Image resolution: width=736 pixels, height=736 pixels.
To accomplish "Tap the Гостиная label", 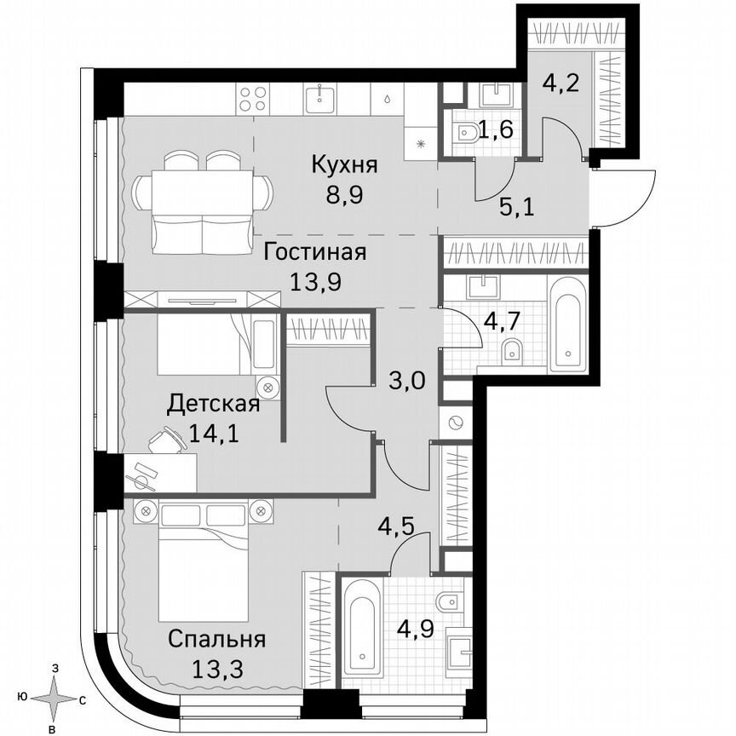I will [314, 252].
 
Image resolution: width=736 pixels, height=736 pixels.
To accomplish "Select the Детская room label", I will [213, 403].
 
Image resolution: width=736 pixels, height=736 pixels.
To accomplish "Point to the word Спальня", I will [216, 639].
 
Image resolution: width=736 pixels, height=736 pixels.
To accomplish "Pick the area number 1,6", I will [494, 130].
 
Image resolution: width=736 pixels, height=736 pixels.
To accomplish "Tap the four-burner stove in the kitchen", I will [253, 99].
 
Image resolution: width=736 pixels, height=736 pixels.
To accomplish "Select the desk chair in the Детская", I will [165, 440].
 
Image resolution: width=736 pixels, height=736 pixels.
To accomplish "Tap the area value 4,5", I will [398, 520].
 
